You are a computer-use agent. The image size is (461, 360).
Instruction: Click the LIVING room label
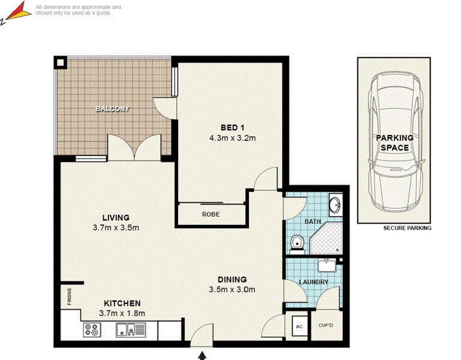click(116, 217)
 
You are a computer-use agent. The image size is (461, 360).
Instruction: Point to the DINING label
click(232, 280)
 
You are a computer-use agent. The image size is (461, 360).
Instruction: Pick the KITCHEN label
click(122, 303)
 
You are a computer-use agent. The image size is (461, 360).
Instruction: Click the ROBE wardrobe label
click(210, 214)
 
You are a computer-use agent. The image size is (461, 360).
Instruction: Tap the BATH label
click(313, 221)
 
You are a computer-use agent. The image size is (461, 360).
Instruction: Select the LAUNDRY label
click(314, 282)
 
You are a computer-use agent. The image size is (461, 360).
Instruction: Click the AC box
click(298, 327)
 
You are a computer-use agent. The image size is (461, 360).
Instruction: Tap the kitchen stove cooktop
click(92, 329)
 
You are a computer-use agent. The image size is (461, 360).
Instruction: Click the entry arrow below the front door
click(203, 355)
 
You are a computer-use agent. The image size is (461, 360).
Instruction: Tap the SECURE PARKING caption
click(407, 228)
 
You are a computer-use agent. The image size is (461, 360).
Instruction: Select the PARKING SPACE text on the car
click(394, 143)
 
